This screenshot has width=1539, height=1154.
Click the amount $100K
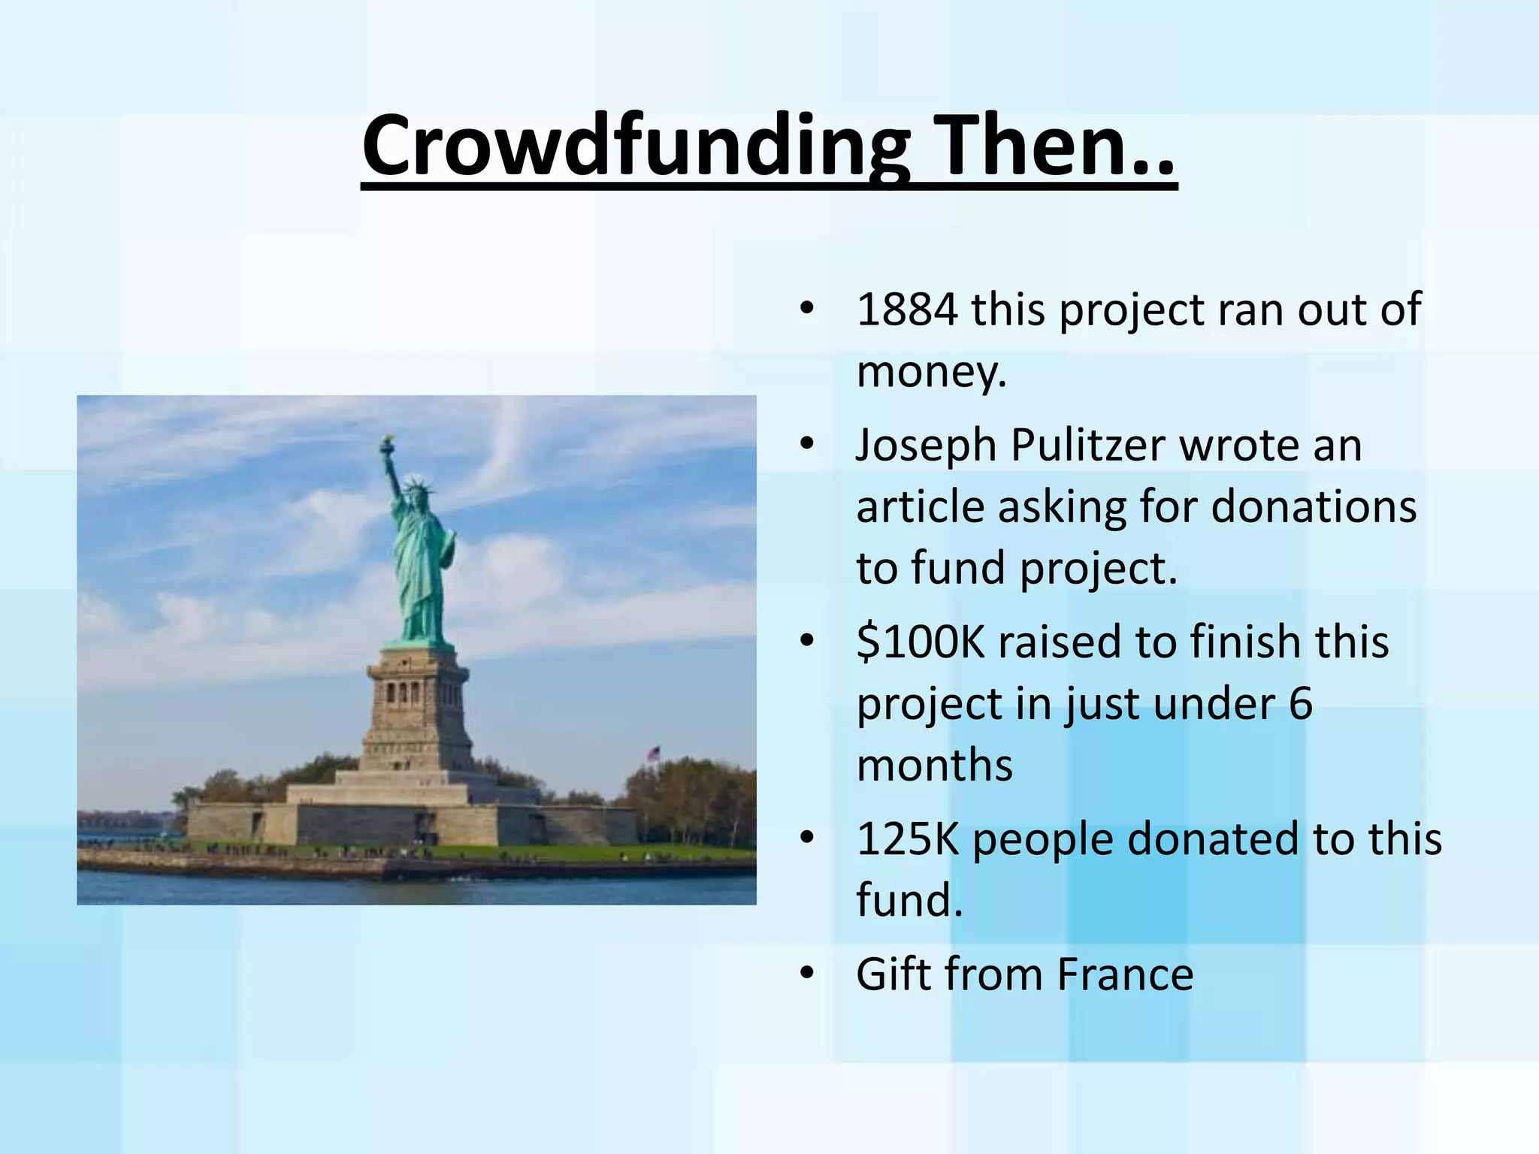(x=920, y=642)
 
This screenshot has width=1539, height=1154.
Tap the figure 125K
(x=907, y=838)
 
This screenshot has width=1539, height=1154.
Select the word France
(x=1125, y=974)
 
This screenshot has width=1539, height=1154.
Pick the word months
(x=934, y=765)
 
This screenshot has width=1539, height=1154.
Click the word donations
(x=1314, y=506)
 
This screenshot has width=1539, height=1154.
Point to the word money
(x=930, y=372)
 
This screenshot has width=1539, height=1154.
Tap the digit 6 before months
(x=1300, y=704)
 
